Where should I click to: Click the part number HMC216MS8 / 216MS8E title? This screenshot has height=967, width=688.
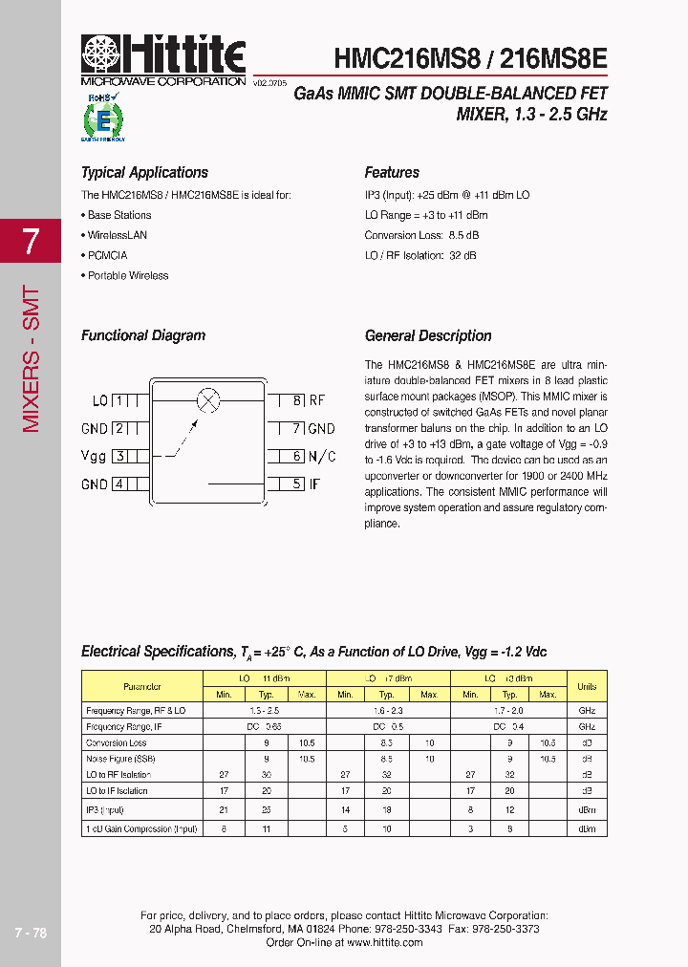point(470,58)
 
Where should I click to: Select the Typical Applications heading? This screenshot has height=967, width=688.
point(144,173)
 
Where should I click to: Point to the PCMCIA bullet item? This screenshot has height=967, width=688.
point(107,255)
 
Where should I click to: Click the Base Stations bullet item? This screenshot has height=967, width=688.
point(118,215)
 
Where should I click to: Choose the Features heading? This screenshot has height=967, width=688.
point(392,173)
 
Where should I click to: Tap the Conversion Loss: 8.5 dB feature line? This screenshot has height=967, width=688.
point(421,235)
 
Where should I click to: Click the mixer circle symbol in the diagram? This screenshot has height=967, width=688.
point(207,400)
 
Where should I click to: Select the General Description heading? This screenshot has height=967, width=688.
point(428,336)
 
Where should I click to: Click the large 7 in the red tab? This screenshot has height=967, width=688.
point(31,242)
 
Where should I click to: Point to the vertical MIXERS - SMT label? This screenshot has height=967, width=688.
point(31,358)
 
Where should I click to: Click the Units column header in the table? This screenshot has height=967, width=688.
point(587,686)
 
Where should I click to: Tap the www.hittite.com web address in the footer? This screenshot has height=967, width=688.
point(384,942)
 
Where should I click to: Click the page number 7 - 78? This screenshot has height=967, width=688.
point(31,933)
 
